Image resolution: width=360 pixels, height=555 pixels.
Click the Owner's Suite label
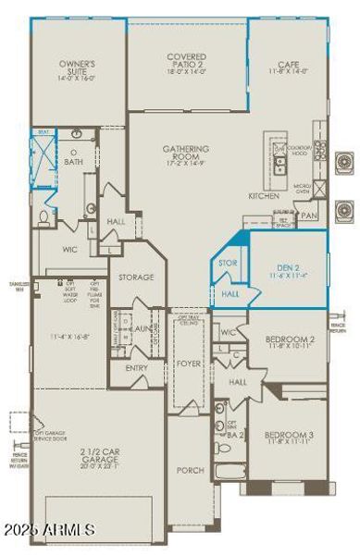tap(79, 69)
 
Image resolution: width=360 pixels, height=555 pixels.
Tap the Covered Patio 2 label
tap(186, 61)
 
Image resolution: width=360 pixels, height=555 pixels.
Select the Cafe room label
tap(290, 67)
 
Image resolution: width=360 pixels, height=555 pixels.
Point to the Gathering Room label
tap(186, 153)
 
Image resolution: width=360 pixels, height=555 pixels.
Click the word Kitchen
tap(264, 196)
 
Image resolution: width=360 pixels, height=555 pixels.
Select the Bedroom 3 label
tap(289, 438)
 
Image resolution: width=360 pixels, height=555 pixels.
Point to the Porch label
tap(189, 469)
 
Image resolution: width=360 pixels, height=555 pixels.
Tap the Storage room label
tap(136, 277)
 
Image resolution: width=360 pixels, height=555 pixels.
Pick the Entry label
tap(136, 367)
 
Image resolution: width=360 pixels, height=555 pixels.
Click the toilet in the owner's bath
tap(44, 217)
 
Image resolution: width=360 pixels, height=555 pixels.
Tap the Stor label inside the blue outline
tap(228, 263)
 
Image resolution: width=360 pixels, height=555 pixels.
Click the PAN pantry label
tap(309, 216)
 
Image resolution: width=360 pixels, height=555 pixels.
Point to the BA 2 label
tap(236, 434)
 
